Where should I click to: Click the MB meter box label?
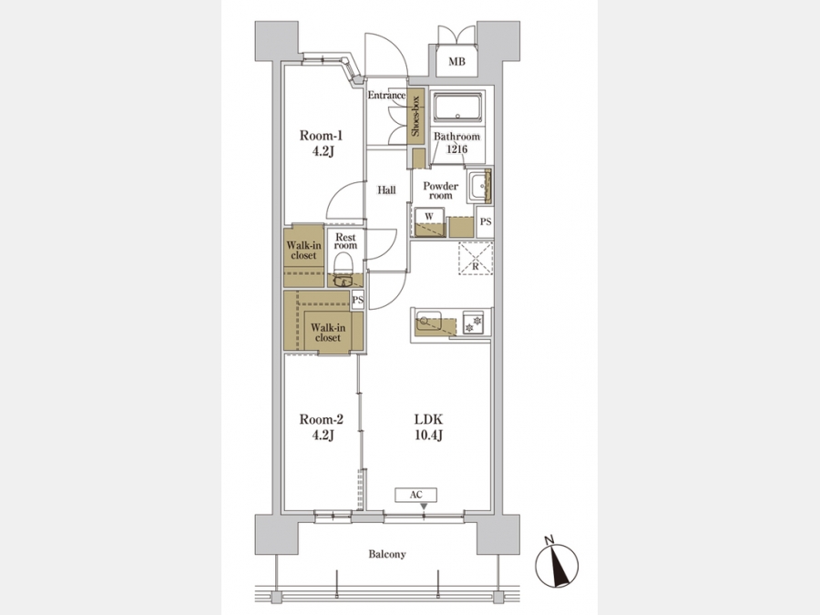click(x=456, y=62)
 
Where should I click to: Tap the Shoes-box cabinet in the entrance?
click(x=415, y=116)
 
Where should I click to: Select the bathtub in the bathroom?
click(x=458, y=107)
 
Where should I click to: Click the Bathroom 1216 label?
click(x=456, y=143)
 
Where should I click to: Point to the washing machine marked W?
click(x=429, y=222)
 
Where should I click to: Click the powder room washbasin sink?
click(x=479, y=186)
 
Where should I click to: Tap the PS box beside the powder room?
click(x=486, y=221)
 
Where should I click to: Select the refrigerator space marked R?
click(x=476, y=259)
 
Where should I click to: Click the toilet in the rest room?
click(x=343, y=270)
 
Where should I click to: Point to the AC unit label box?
click(x=415, y=495)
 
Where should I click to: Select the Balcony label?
click(x=387, y=554)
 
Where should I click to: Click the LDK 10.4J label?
click(x=429, y=426)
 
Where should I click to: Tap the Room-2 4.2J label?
click(x=321, y=426)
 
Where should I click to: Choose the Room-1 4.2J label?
click(x=321, y=143)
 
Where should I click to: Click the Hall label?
click(x=386, y=190)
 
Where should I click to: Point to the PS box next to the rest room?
click(x=358, y=300)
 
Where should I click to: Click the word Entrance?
click(x=386, y=95)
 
